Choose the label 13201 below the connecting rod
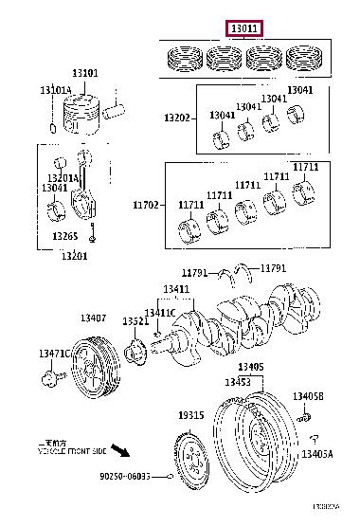coord(76,256)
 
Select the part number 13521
coord(135,322)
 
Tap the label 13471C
coord(54,354)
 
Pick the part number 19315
coord(191,416)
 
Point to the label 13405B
coord(308,396)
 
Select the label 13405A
coord(316,455)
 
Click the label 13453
coord(237,381)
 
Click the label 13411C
coord(159,313)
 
